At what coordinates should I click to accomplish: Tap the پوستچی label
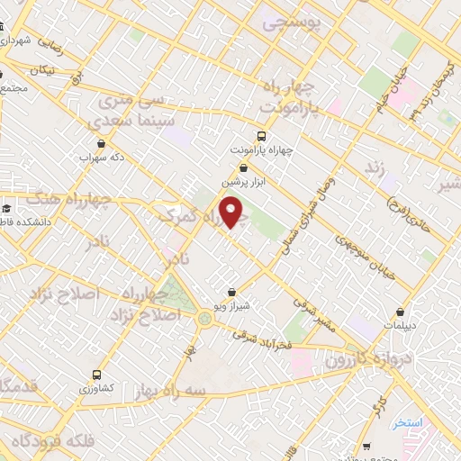[291, 24]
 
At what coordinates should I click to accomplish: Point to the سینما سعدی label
[126, 121]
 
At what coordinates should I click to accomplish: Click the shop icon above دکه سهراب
[101, 142]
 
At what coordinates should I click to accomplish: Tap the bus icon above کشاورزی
[96, 374]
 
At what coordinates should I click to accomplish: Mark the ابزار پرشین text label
[249, 181]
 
